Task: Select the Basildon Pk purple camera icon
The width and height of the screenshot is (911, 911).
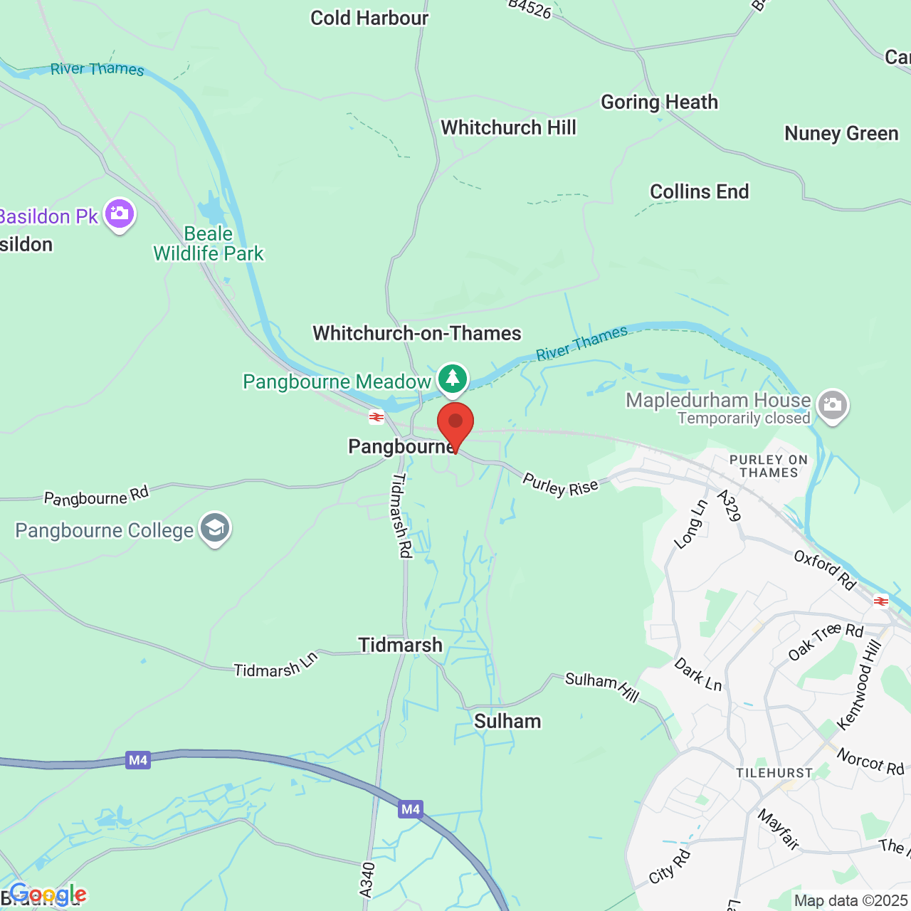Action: coord(119,214)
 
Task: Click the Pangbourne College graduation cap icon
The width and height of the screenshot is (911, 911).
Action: coord(214,529)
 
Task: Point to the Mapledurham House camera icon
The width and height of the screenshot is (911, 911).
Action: coord(832,405)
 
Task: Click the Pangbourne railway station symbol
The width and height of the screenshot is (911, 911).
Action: coord(376,417)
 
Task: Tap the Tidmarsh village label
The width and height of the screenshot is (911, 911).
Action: coord(400,645)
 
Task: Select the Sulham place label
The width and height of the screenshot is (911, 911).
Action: coord(507,721)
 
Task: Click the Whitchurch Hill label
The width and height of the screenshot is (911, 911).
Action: coord(508,127)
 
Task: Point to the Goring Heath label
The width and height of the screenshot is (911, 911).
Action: coord(659,102)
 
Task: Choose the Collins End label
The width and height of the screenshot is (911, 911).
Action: coord(699,191)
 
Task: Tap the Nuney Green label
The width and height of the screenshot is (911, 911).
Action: coord(841,134)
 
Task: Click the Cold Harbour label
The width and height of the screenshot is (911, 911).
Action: coord(369,18)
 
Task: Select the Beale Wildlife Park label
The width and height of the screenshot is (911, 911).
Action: coord(209,243)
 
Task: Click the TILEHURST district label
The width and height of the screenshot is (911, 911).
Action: coord(774,773)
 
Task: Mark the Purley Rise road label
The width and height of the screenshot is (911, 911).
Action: coord(560,485)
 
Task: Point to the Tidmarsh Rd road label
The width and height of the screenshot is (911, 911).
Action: coord(402,515)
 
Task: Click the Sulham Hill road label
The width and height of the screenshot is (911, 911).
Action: coord(602,686)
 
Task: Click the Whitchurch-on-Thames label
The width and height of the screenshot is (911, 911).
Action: coord(417,333)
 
